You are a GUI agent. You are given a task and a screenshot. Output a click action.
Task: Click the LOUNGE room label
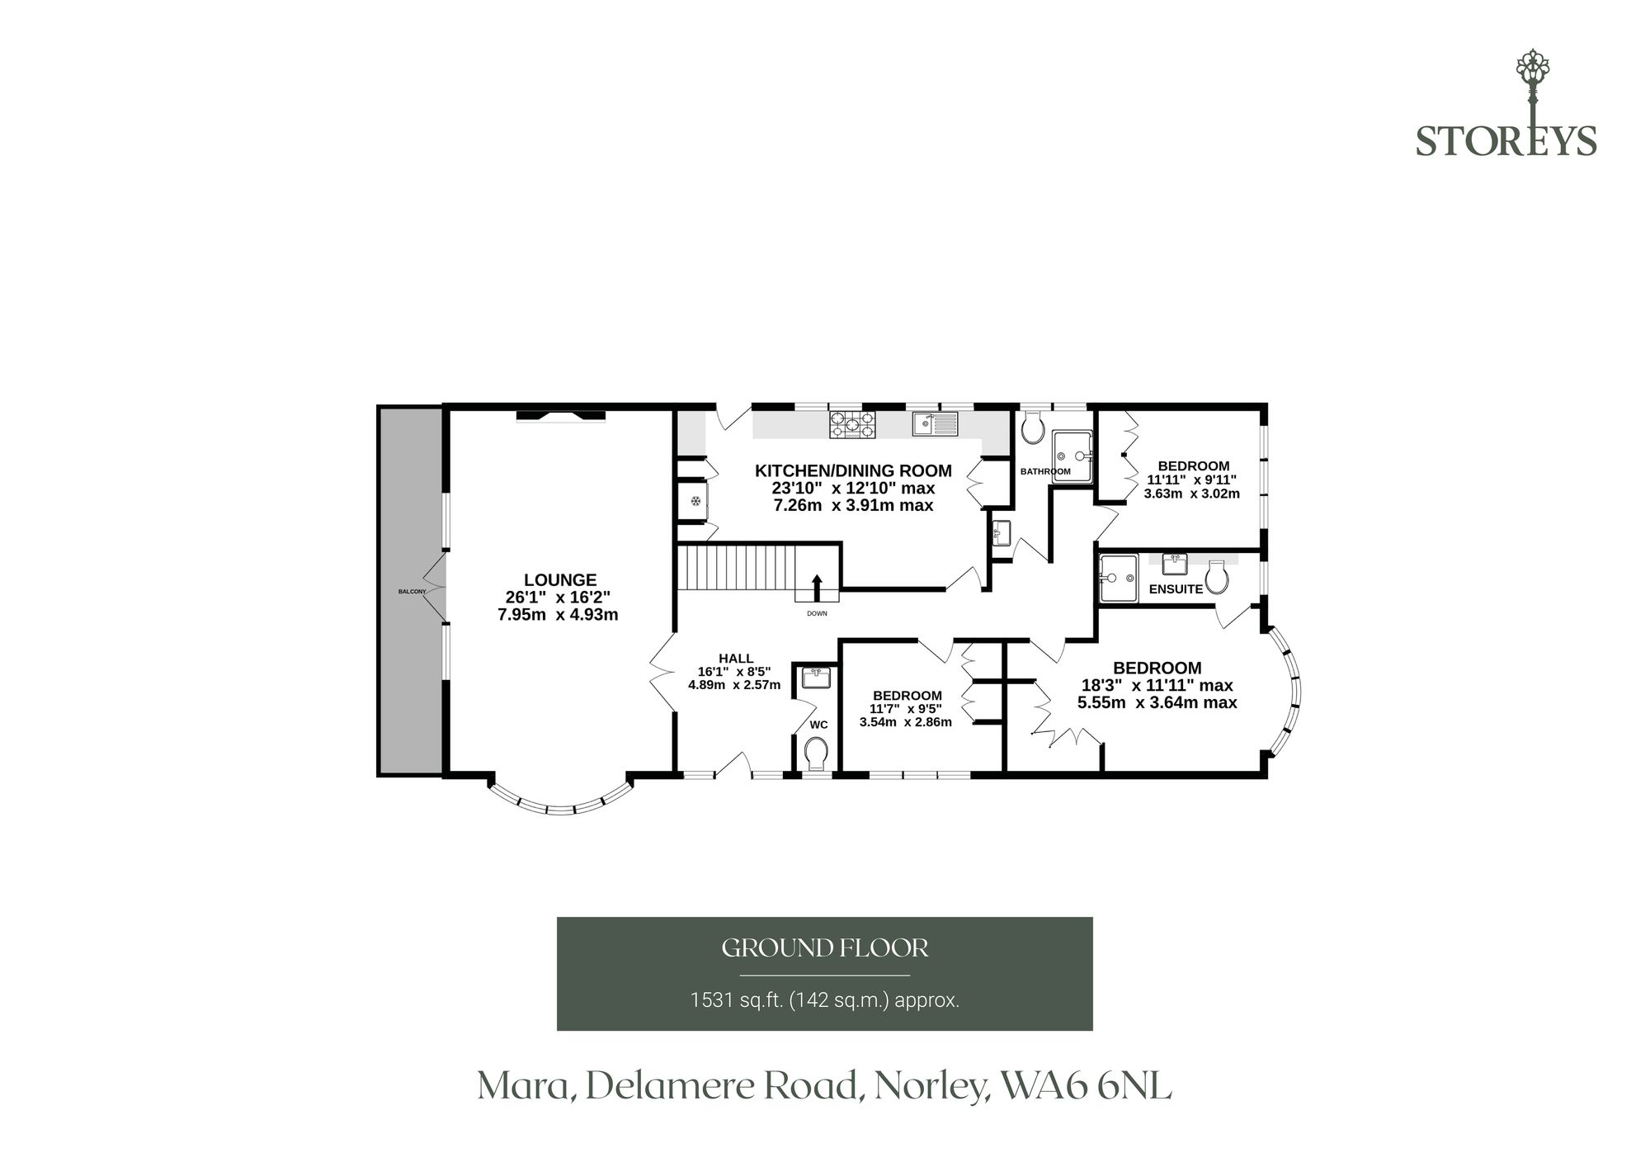560,580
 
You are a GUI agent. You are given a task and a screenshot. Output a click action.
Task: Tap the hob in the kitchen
852,424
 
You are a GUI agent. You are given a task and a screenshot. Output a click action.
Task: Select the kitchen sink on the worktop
935,424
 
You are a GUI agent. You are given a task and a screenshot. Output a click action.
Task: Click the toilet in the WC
816,754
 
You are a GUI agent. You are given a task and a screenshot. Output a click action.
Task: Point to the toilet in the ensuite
1216,577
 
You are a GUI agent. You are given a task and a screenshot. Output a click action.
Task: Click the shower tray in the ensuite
1119,577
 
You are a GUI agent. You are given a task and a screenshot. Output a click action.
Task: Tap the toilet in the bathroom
1033,428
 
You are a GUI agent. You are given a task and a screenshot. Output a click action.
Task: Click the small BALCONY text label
412,592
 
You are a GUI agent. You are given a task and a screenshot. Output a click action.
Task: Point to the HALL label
736,658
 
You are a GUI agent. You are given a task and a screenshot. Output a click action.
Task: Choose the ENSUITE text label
1176,589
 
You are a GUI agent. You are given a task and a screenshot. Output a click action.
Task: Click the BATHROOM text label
1045,471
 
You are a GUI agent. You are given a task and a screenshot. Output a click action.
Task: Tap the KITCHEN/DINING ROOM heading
853,470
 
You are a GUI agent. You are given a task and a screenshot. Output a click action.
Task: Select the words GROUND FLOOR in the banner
825,948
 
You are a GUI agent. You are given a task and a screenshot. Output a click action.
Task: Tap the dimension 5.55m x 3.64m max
1157,703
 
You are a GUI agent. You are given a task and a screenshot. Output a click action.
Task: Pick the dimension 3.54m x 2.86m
906,722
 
